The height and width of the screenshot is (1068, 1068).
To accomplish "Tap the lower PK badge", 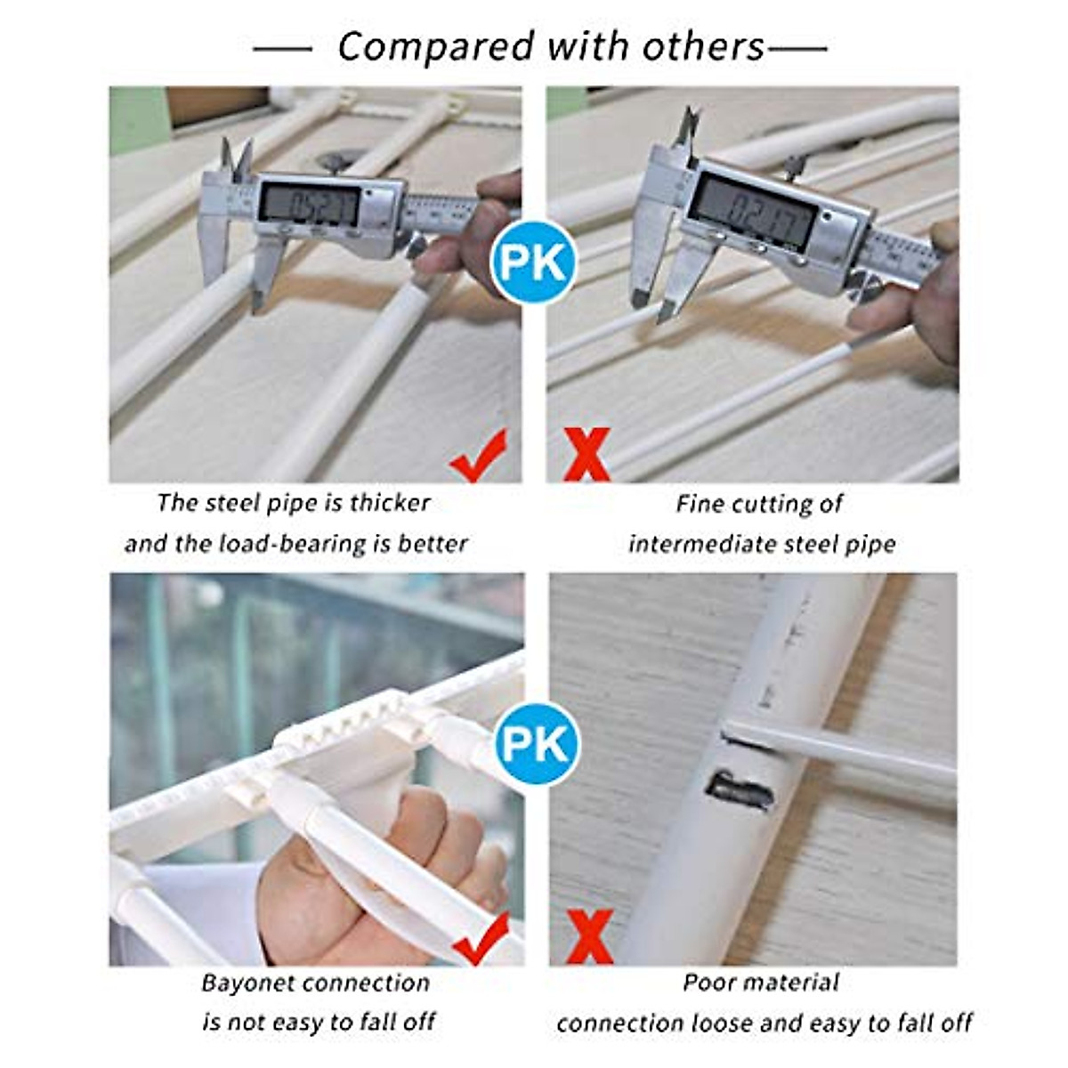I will [x=534, y=743].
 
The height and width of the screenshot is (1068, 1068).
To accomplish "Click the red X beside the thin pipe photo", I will [x=587, y=455].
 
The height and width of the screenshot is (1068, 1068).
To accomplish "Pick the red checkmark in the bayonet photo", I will [x=481, y=940].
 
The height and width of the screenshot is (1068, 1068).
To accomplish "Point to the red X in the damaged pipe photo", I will [x=589, y=937].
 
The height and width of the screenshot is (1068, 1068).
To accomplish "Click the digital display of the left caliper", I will [x=308, y=206].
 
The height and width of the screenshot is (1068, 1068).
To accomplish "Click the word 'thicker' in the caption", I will [x=390, y=503].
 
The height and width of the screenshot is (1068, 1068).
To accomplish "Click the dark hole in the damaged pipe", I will [x=737, y=789].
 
